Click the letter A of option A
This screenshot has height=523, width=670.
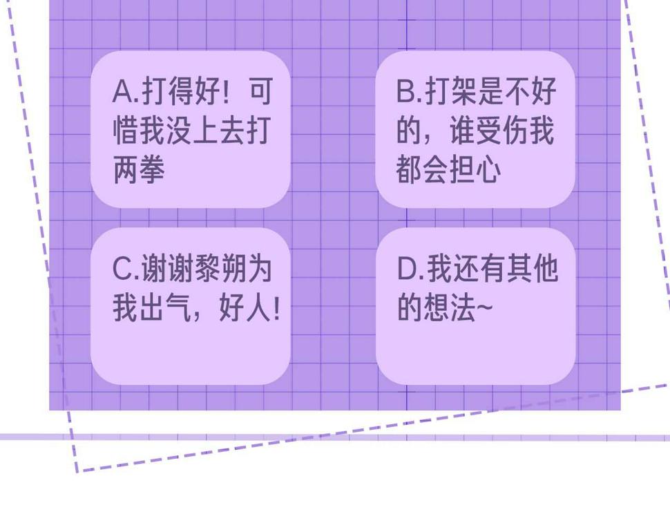click(x=123, y=91)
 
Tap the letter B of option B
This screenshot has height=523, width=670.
click(x=406, y=91)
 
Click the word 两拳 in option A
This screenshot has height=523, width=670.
click(x=139, y=169)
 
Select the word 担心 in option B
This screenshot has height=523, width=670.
click(x=475, y=169)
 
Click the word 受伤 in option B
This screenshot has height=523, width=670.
click(x=502, y=130)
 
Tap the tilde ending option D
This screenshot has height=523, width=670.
click(x=485, y=307)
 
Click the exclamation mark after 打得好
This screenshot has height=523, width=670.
click(x=226, y=91)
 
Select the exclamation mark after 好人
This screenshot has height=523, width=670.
click(x=276, y=309)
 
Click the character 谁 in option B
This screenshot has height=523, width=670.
click(x=463, y=130)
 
